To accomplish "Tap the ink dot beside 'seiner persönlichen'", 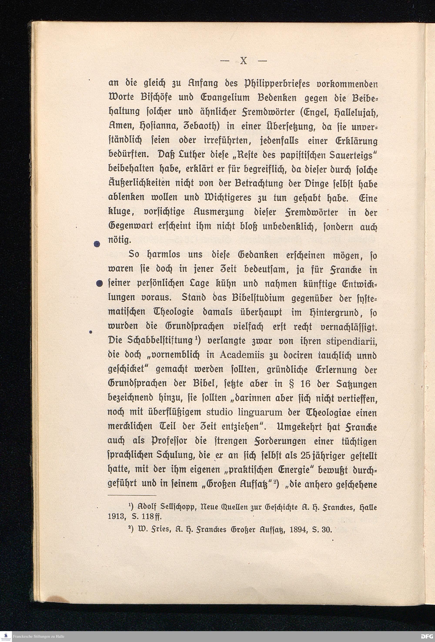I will pos(100,283).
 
